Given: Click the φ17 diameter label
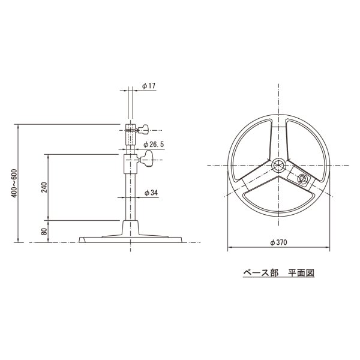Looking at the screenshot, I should coord(149,86).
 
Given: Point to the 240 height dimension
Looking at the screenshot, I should coord(44,188).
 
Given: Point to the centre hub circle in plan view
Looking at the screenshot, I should coord(279,166).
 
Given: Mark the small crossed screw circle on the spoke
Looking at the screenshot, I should coord(302,178).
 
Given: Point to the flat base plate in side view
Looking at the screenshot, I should coord(133,239).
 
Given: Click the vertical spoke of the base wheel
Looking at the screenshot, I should coord(279,135).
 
